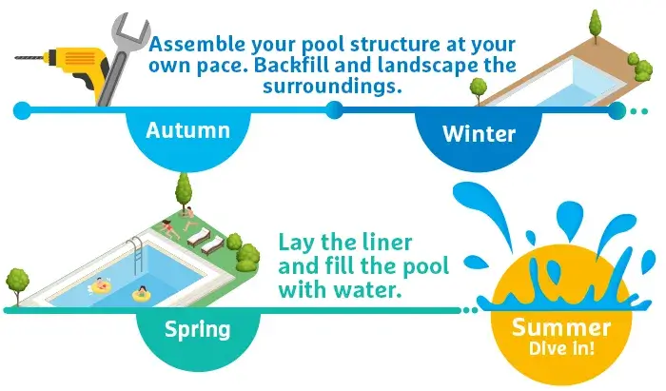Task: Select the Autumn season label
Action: point(187,130)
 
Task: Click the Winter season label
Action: point(479,134)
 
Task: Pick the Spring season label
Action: point(198,330)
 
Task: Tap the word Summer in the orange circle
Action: point(561,327)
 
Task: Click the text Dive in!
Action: point(561,348)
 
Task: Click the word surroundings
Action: point(332,86)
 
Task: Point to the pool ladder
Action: point(136,254)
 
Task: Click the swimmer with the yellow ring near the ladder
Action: point(99,285)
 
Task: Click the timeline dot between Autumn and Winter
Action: point(335,110)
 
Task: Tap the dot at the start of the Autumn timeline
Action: point(22,110)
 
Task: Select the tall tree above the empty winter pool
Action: point(596,26)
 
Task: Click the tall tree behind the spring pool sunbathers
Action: point(184,190)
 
